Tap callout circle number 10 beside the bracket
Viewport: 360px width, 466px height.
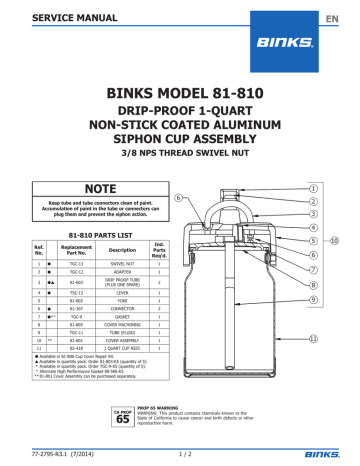(335, 240)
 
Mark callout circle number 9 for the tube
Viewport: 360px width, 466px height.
(316, 297)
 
